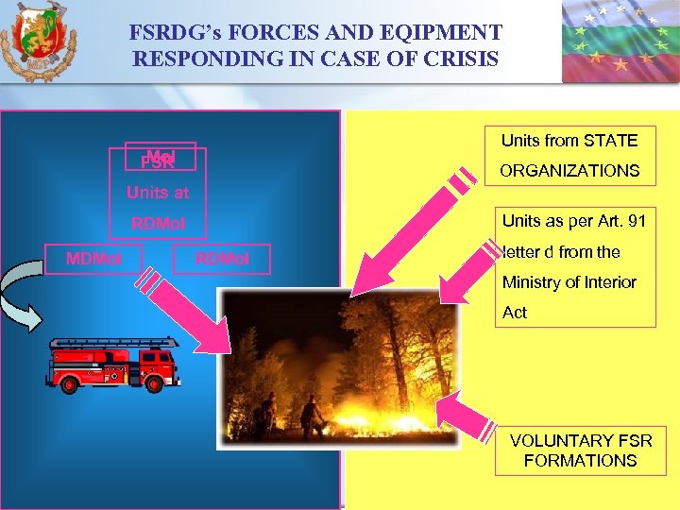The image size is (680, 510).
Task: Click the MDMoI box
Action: [93, 259]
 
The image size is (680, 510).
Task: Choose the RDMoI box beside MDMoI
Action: [222, 259]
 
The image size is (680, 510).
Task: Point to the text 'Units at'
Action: [158, 193]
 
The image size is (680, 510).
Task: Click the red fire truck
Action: [113, 365]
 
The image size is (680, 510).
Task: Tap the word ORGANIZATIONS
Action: [570, 171]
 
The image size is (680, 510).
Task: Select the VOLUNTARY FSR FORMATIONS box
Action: [580, 450]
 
